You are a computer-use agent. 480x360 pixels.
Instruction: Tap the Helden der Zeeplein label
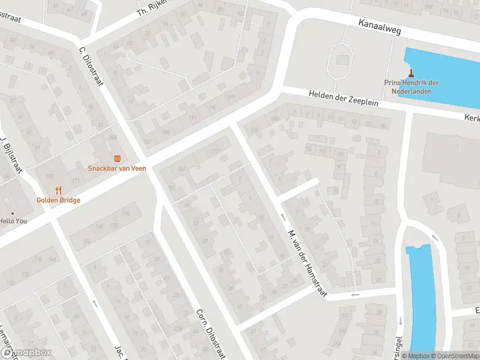tap(344, 98)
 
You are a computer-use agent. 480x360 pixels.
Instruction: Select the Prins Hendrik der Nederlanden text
tap(412, 87)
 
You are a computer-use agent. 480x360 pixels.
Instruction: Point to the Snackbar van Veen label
tap(117, 168)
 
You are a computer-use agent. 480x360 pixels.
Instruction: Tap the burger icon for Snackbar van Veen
tap(117, 158)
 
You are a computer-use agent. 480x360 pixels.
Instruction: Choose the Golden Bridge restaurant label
tap(58, 200)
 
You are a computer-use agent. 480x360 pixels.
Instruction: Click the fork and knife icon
tap(58, 190)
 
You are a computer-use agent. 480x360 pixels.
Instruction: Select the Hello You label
tap(14, 221)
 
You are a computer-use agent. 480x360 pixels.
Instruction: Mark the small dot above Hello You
tap(12, 213)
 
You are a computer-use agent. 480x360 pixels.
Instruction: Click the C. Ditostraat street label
tap(91, 66)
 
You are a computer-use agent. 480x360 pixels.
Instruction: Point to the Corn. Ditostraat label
tap(211, 334)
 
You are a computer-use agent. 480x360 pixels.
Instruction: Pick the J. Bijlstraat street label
tap(11, 153)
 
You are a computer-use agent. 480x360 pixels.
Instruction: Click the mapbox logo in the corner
tap(25, 353)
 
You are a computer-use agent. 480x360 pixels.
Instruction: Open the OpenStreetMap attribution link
tap(454, 356)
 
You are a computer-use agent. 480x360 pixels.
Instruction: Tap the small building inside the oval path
tap(343, 60)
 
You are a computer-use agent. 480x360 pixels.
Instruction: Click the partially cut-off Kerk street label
tap(472, 118)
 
